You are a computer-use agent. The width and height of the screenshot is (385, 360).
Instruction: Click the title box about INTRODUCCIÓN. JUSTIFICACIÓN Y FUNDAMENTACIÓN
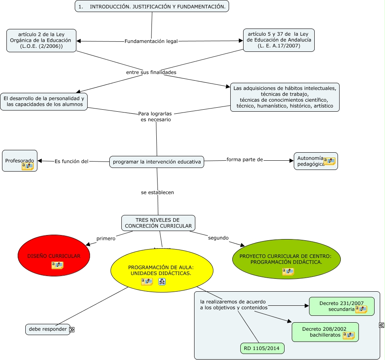(152, 6)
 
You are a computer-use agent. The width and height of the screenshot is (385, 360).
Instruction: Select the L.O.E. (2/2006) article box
(41, 40)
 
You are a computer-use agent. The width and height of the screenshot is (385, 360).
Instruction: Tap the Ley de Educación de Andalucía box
(279, 40)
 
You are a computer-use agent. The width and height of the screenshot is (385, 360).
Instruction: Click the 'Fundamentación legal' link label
(151, 41)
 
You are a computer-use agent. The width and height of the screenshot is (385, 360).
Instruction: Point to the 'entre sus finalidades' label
(151, 72)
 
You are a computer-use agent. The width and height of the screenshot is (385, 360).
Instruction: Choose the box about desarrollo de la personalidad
(44, 101)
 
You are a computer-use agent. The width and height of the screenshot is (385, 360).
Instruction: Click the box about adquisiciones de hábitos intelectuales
(285, 97)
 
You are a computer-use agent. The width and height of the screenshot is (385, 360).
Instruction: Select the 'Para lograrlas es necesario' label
(156, 117)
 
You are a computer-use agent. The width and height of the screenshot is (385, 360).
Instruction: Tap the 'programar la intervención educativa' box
(156, 162)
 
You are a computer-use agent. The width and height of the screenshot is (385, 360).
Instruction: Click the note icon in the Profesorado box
(28, 166)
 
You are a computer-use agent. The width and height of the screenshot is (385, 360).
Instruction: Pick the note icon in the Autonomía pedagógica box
(330, 161)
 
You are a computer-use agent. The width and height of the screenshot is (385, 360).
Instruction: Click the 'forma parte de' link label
(245, 160)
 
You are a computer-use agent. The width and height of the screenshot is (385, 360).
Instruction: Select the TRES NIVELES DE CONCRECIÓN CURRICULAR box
(158, 223)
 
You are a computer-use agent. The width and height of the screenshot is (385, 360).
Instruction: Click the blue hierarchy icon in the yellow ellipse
(162, 282)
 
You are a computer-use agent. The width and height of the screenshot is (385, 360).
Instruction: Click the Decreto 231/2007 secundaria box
(341, 306)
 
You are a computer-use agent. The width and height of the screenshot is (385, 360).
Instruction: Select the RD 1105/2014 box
(262, 348)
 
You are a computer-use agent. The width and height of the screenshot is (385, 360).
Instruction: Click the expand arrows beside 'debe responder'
(72, 330)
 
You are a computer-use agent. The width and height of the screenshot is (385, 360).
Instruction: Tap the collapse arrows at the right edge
(381, 325)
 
